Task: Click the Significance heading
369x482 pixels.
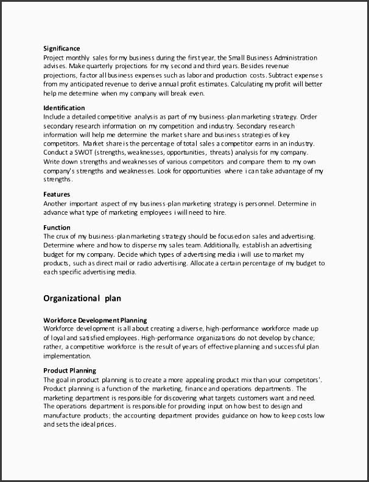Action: click(61, 49)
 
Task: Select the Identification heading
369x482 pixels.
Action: click(64, 108)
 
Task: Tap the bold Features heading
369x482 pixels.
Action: click(57, 195)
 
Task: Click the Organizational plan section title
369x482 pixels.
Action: click(82, 298)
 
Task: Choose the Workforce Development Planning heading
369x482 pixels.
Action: click(95, 320)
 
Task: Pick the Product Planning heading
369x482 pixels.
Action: click(69, 370)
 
